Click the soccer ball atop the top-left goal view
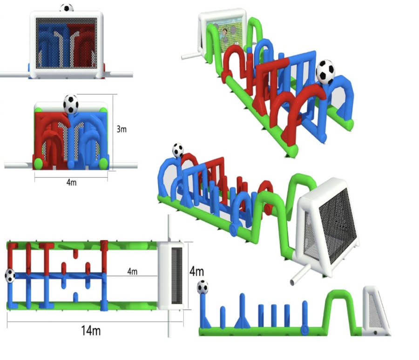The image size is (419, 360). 67,8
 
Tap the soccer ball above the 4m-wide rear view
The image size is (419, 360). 71,104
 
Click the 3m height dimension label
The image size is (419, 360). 121,129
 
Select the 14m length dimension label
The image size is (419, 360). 90,331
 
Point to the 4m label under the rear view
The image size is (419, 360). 71,182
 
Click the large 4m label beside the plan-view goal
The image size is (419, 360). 196,270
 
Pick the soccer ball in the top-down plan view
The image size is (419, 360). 10,275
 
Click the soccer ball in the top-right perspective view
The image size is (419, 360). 325,71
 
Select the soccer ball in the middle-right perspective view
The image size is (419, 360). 178,150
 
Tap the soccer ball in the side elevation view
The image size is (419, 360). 203,287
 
